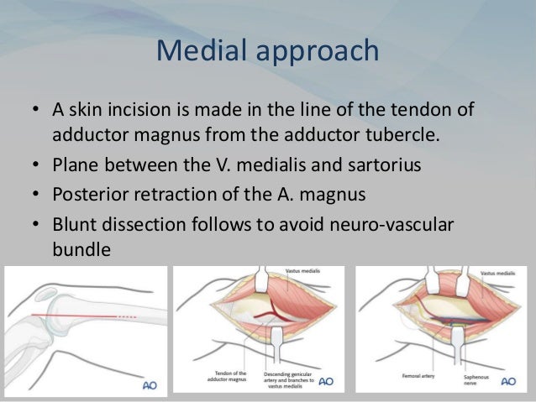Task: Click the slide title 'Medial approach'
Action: (267, 51)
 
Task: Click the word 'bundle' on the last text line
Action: (81, 249)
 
